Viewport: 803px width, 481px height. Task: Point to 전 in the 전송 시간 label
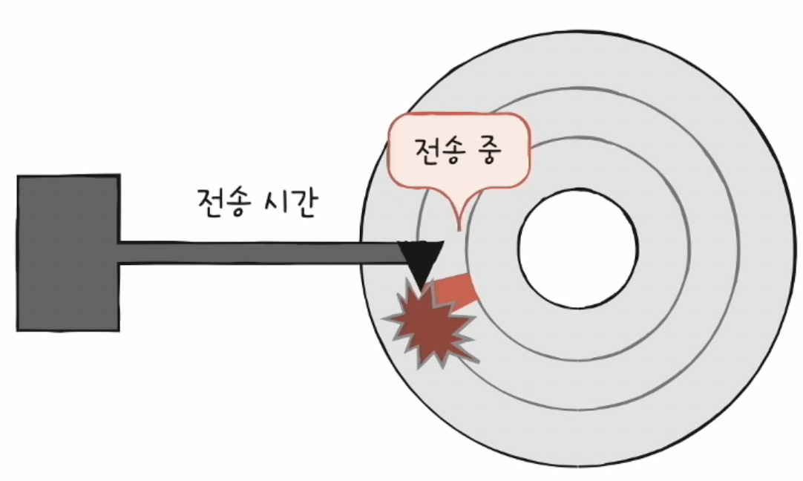tap(211, 202)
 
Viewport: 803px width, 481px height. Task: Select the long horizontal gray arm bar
tap(260, 252)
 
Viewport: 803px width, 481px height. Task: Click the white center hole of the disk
tap(577, 249)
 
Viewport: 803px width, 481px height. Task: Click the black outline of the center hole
tap(637, 249)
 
